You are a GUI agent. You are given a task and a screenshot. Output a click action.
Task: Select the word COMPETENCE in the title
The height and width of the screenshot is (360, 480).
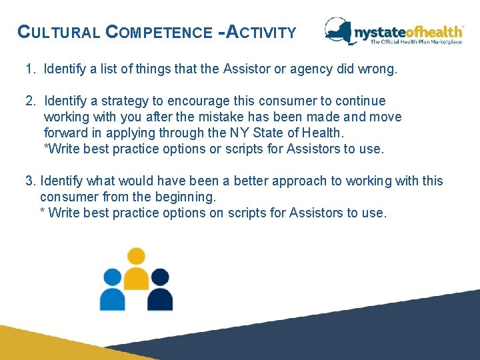(x=157, y=32)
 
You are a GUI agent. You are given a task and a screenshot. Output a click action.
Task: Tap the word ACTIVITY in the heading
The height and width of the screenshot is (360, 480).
(x=261, y=31)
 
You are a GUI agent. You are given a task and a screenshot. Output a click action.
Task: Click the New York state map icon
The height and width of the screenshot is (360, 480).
(x=339, y=31)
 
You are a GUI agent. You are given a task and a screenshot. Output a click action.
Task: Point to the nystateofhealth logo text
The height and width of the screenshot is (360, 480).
(x=408, y=31)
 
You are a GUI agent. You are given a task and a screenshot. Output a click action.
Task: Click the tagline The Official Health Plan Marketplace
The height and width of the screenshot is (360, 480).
(x=416, y=43)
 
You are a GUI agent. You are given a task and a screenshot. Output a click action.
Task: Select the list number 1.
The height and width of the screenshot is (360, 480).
(x=30, y=69)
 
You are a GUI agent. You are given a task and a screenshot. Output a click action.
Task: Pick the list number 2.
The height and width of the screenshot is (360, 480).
(x=30, y=101)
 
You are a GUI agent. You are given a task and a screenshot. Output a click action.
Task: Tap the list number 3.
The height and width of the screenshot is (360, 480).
(x=30, y=181)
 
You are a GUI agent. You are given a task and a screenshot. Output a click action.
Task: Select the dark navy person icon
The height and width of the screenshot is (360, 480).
(x=160, y=291)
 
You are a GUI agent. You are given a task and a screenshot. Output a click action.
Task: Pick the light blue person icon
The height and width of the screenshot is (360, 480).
(x=112, y=291)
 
